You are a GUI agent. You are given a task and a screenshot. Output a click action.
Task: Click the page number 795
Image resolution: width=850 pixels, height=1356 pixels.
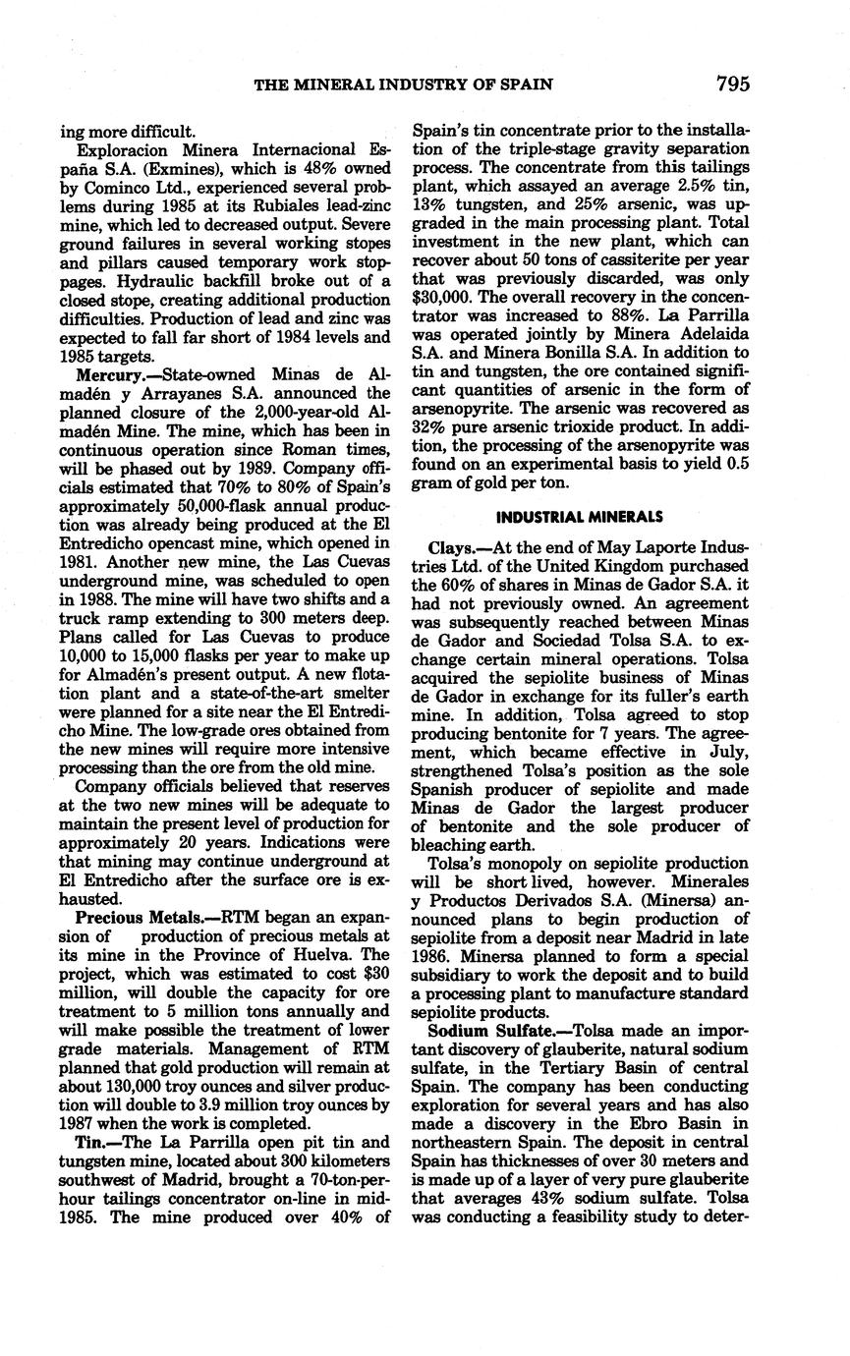click(732, 85)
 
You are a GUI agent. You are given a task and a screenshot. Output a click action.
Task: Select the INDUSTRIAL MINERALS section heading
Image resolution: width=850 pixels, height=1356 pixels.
click(580, 518)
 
